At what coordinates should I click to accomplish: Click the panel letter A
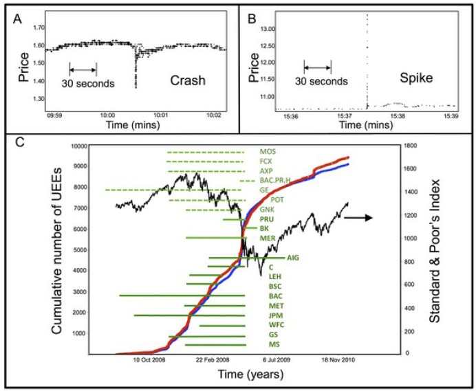click(18, 19)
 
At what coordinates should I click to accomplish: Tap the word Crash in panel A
click(188, 80)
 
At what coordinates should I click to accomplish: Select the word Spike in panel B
click(416, 78)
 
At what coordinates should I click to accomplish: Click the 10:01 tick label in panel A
click(161, 115)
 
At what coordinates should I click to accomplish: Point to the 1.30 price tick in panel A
click(39, 98)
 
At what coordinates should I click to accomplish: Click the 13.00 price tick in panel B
click(268, 29)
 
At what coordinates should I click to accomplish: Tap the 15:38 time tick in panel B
click(398, 116)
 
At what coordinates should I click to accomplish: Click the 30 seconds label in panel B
click(321, 81)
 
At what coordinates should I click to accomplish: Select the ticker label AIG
click(293, 258)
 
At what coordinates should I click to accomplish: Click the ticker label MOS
click(268, 152)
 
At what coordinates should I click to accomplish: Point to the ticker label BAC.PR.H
click(275, 181)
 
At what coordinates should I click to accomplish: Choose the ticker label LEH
click(275, 276)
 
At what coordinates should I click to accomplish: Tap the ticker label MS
click(274, 344)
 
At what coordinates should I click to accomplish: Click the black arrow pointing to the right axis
click(358, 218)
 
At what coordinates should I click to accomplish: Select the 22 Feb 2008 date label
click(213, 360)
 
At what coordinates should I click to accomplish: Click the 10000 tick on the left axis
click(79, 146)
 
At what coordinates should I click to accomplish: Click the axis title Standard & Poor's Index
click(435, 251)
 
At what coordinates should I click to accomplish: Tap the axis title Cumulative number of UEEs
click(57, 251)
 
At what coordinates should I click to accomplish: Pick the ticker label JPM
click(276, 315)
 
